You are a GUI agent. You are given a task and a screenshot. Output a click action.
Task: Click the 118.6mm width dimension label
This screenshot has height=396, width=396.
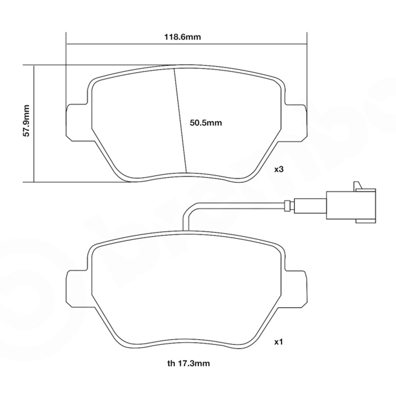tap(183, 37)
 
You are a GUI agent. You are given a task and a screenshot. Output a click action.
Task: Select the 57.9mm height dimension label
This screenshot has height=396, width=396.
tap(26, 121)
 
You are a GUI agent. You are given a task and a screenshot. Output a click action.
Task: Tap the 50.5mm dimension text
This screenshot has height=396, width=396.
tap(206, 123)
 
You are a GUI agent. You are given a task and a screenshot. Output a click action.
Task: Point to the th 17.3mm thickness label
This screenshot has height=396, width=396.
tap(188, 364)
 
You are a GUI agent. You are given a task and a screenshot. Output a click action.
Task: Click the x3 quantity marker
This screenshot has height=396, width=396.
tap(279, 169)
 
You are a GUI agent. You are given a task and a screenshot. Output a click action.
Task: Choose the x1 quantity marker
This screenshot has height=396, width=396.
tap(279, 342)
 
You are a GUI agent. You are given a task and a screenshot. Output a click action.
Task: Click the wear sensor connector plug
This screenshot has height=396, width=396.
tap(351, 205)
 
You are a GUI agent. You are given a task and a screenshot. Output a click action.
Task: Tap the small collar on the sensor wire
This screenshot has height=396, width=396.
tap(287, 205)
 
